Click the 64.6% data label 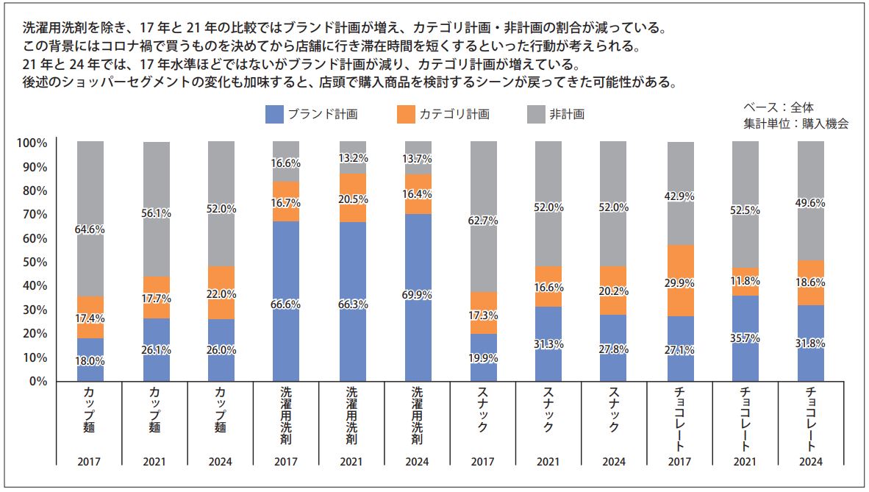pyautogui.click(x=90, y=229)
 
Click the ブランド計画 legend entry pyautogui.click(x=312, y=114)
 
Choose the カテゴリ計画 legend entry pyautogui.click(x=443, y=114)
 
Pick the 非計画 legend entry pyautogui.click(x=557, y=114)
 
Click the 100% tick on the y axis pyautogui.click(x=32, y=143)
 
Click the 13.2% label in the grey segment pyautogui.click(x=353, y=158)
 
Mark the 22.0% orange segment pyautogui.click(x=221, y=293)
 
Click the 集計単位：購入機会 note pyautogui.click(x=795, y=124)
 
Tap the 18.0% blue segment pyautogui.click(x=90, y=360)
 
